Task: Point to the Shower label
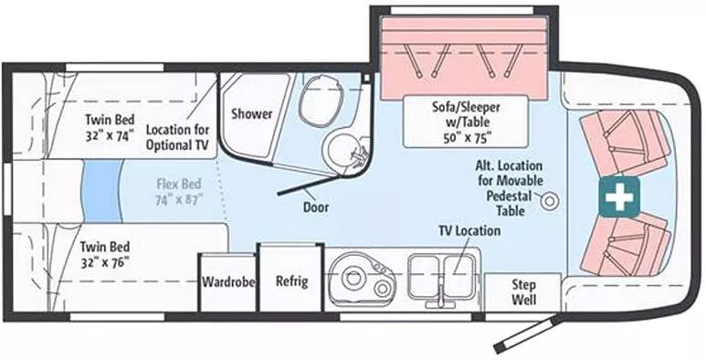251,114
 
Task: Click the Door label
316,207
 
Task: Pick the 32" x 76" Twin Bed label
103,253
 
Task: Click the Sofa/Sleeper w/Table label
466,122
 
